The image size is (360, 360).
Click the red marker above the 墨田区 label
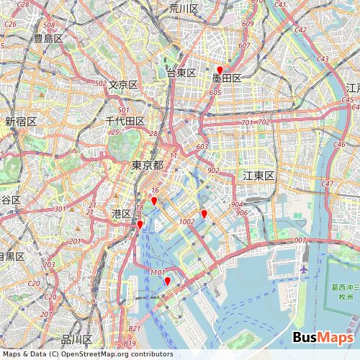pyautogui.click(x=220, y=69)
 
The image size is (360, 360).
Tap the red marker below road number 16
pyautogui.click(x=154, y=201)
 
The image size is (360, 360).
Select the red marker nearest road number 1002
pyautogui.click(x=204, y=213)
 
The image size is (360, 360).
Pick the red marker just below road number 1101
pyautogui.click(x=167, y=281)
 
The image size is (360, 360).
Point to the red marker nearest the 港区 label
pyautogui.click(x=140, y=225)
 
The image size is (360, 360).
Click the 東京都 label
pyautogui.click(x=148, y=166)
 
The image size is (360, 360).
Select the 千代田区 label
pyautogui.click(x=125, y=121)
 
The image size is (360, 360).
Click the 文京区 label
pyautogui.click(x=123, y=85)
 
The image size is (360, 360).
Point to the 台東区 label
pyautogui.click(x=181, y=73)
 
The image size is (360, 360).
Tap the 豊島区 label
pyautogui.click(x=49, y=38)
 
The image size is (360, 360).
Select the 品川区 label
pyautogui.click(x=77, y=339)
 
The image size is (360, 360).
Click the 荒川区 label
pyautogui.click(x=184, y=8)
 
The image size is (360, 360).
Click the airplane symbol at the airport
pyautogui.click(x=304, y=269)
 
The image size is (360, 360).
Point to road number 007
pyautogui.click(x=300, y=240)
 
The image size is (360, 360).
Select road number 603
pyautogui.click(x=201, y=146)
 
